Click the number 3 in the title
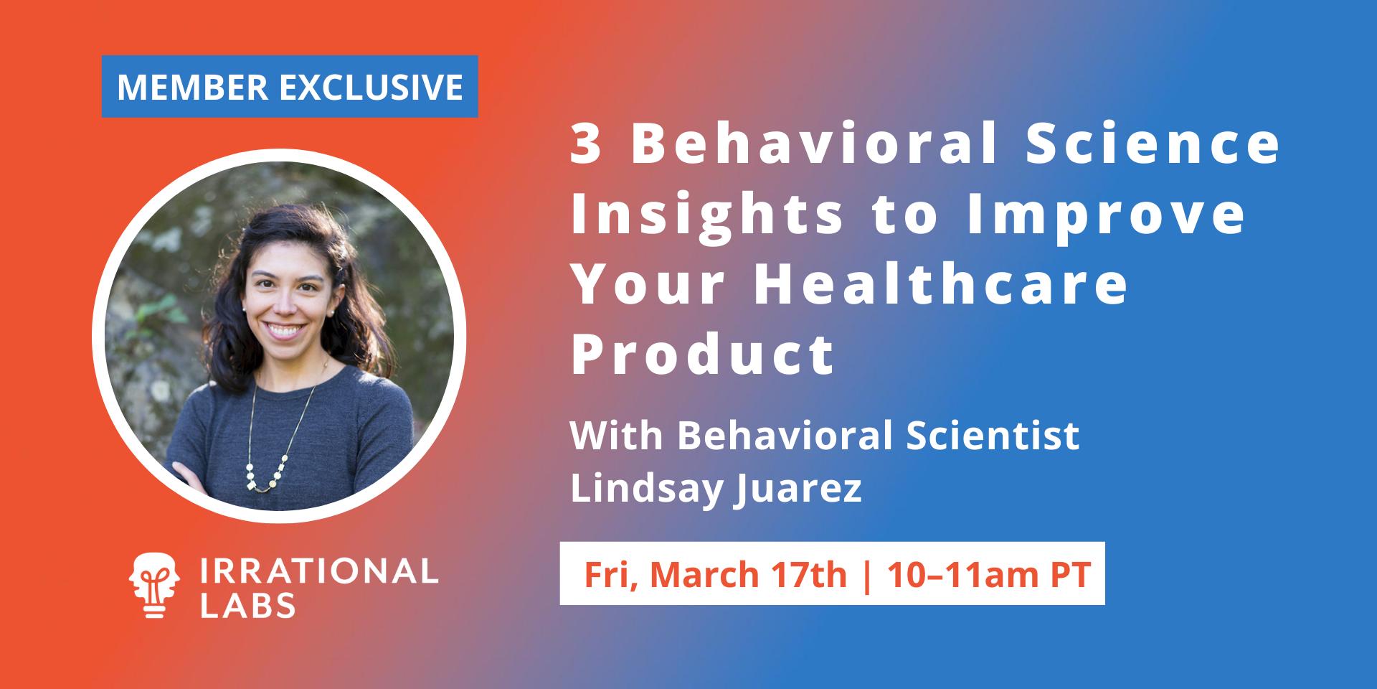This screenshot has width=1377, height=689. point(586,144)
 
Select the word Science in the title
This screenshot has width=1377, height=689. point(1153,144)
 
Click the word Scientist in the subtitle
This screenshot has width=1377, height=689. point(993,436)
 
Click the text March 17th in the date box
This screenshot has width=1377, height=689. point(749,574)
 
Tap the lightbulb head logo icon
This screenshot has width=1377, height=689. point(153,585)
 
